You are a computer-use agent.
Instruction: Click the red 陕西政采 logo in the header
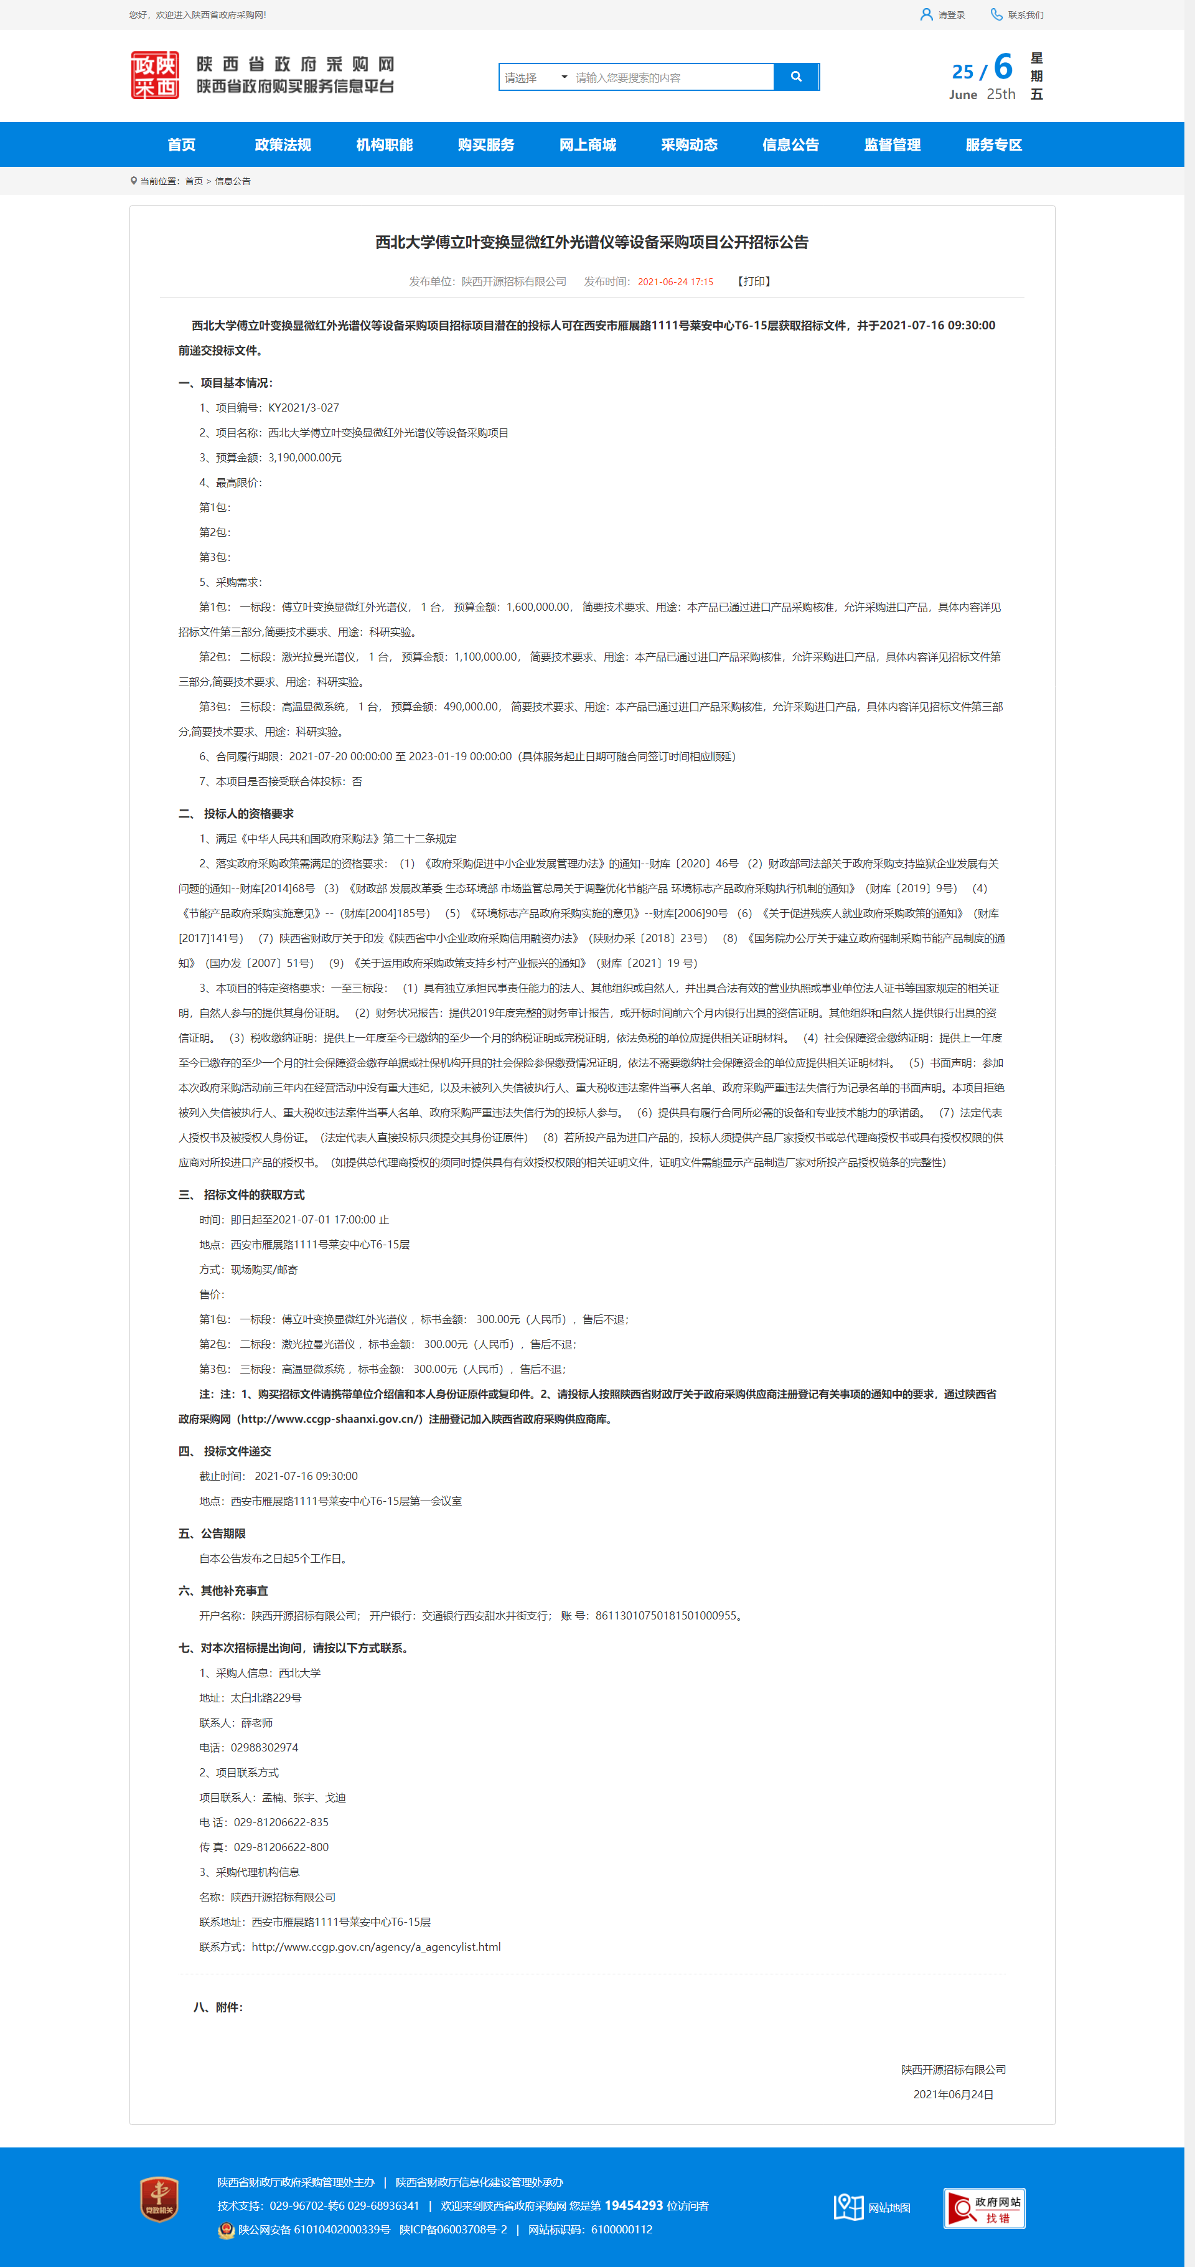[x=155, y=75]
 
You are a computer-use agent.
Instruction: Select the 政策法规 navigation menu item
[x=283, y=144]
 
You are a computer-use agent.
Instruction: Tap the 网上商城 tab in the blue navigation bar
[x=587, y=144]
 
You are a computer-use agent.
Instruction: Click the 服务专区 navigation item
[x=993, y=144]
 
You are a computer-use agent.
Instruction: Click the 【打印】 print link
[x=754, y=281]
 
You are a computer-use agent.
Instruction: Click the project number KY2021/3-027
[x=304, y=407]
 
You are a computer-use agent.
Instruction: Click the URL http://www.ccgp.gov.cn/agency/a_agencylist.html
[x=376, y=1947]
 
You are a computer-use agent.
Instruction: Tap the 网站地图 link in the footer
[x=888, y=2207]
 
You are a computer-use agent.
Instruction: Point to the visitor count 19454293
[x=634, y=2205]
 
